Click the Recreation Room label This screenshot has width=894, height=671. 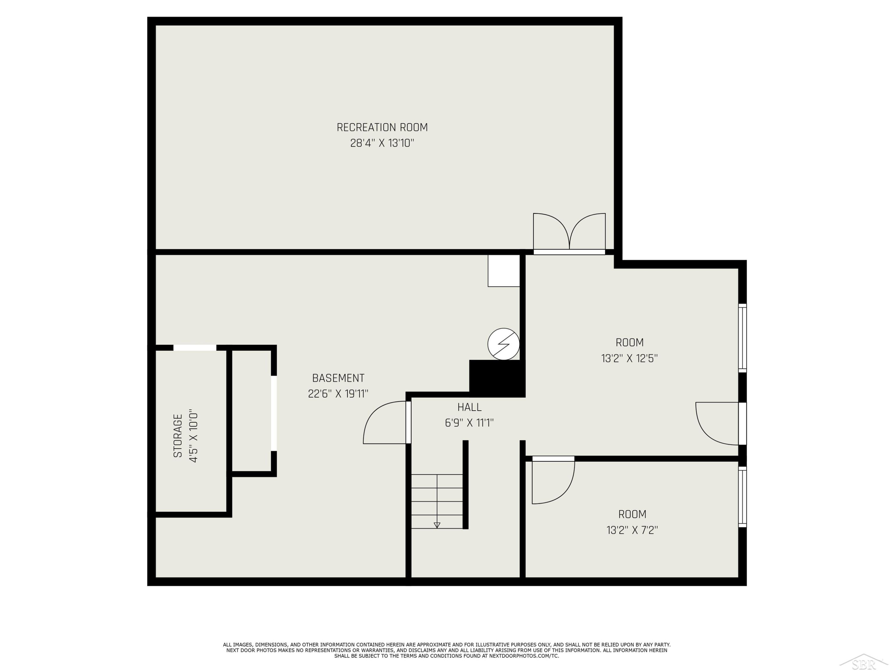click(x=382, y=127)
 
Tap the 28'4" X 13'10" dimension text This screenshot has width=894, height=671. click(x=382, y=143)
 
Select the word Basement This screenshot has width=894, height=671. click(x=338, y=378)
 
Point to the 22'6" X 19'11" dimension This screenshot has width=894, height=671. click(x=338, y=394)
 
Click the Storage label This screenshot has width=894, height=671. click(x=178, y=436)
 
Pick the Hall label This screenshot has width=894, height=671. click(x=469, y=407)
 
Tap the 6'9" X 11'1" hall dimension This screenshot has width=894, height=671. click(x=469, y=423)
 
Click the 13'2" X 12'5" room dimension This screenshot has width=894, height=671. click(x=629, y=358)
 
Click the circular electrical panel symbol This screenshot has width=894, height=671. click(x=504, y=344)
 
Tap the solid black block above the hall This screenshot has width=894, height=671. click(x=497, y=378)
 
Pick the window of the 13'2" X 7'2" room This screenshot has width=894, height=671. click(x=742, y=497)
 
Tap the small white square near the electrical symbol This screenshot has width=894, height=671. click(x=504, y=270)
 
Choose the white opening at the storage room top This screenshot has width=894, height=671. click(x=195, y=347)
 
